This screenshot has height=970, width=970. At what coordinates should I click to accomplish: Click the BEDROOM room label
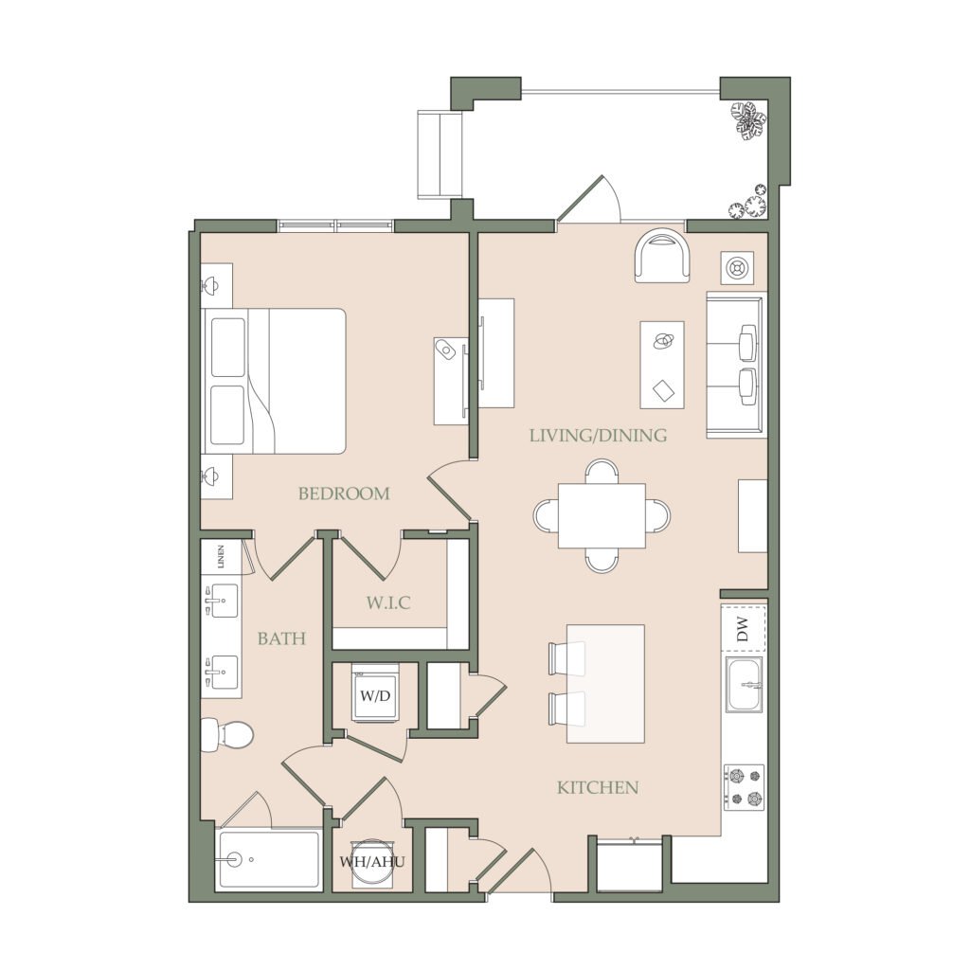pyautogui.click(x=344, y=494)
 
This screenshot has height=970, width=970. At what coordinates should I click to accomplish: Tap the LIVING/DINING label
pyautogui.click(x=599, y=436)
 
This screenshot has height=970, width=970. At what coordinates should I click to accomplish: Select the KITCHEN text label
pyautogui.click(x=598, y=787)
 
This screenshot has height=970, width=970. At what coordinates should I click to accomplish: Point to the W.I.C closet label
pyautogui.click(x=388, y=602)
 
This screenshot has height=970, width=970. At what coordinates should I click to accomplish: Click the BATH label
pyautogui.click(x=281, y=638)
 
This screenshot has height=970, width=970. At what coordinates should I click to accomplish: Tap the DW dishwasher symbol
pyautogui.click(x=744, y=629)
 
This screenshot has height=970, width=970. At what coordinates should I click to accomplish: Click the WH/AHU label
pyautogui.click(x=371, y=862)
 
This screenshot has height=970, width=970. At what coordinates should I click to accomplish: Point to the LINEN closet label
pyautogui.click(x=221, y=557)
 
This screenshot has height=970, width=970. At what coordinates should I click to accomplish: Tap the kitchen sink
pyautogui.click(x=745, y=685)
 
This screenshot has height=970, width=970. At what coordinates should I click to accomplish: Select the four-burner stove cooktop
pyautogui.click(x=745, y=787)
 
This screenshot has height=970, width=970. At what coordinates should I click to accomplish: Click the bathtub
pyautogui.click(x=270, y=860)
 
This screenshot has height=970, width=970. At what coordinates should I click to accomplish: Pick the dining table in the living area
pyautogui.click(x=602, y=516)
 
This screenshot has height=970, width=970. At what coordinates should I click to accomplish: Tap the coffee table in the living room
pyautogui.click(x=662, y=365)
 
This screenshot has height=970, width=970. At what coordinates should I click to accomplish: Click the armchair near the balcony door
pyautogui.click(x=662, y=256)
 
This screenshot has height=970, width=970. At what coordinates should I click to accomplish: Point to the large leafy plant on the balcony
pyautogui.click(x=748, y=120)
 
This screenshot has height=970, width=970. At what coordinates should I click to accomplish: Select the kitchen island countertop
pyautogui.click(x=605, y=684)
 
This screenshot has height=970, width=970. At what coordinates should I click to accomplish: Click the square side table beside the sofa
pyautogui.click(x=737, y=268)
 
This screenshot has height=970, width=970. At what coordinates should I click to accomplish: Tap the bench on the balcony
pyautogui.click(x=440, y=154)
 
